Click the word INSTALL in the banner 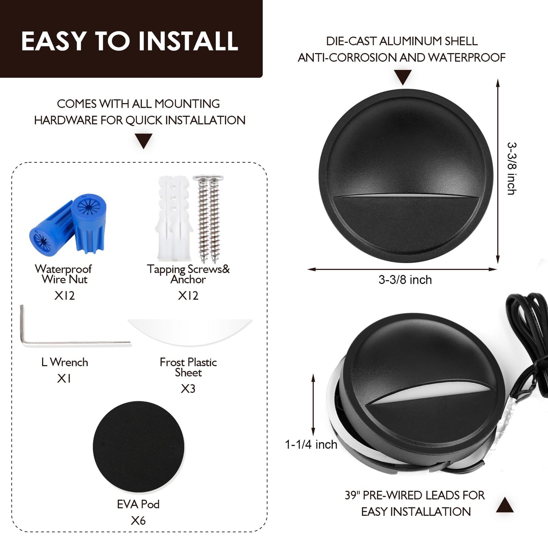[188, 41]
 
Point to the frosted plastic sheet [190, 331]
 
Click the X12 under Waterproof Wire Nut [64, 296]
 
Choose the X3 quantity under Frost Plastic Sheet [188, 389]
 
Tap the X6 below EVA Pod [138, 521]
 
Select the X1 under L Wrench [64, 378]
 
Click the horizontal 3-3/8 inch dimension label [405, 280]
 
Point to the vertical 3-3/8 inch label [512, 169]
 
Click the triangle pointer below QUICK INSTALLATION [144, 141]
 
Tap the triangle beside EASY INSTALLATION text [505, 505]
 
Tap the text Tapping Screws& [188, 269]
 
